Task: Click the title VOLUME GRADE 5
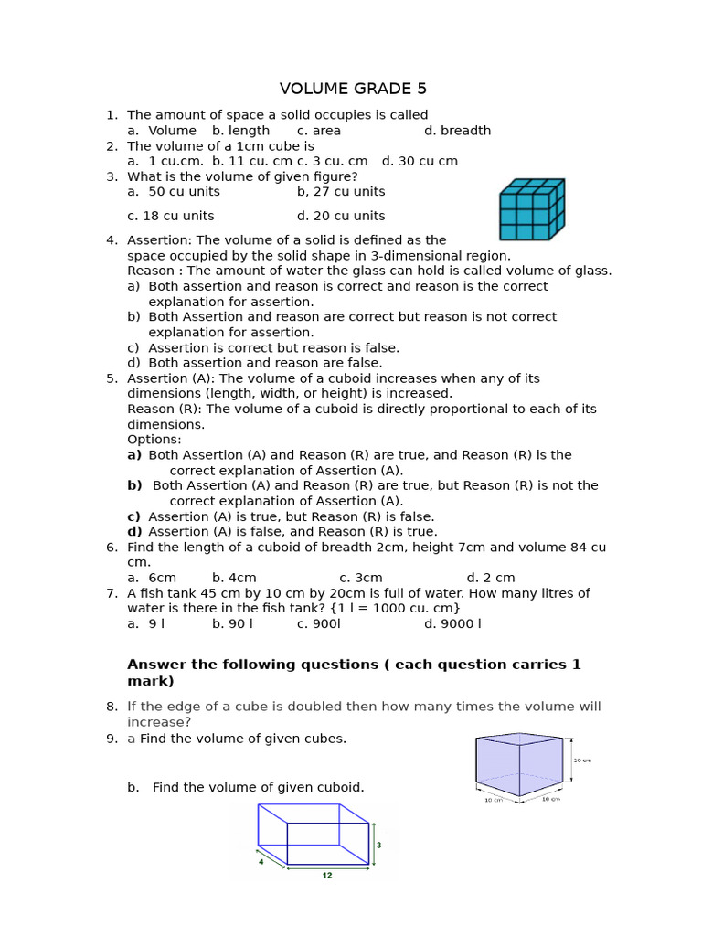click(353, 89)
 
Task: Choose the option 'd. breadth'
click(457, 131)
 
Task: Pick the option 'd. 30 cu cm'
click(420, 161)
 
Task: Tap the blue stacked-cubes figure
click(531, 209)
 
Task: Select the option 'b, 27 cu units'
click(341, 192)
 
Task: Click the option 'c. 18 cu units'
click(171, 216)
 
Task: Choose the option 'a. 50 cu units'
click(174, 192)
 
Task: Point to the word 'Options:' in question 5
click(154, 440)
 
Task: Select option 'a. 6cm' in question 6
click(152, 578)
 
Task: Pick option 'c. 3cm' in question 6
click(361, 578)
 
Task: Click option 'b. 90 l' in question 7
click(232, 624)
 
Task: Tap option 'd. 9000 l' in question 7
click(452, 624)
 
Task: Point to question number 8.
click(112, 707)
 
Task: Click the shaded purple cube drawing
click(519, 764)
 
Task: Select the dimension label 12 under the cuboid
click(327, 875)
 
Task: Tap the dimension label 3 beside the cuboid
click(378, 846)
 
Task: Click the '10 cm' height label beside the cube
click(582, 760)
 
